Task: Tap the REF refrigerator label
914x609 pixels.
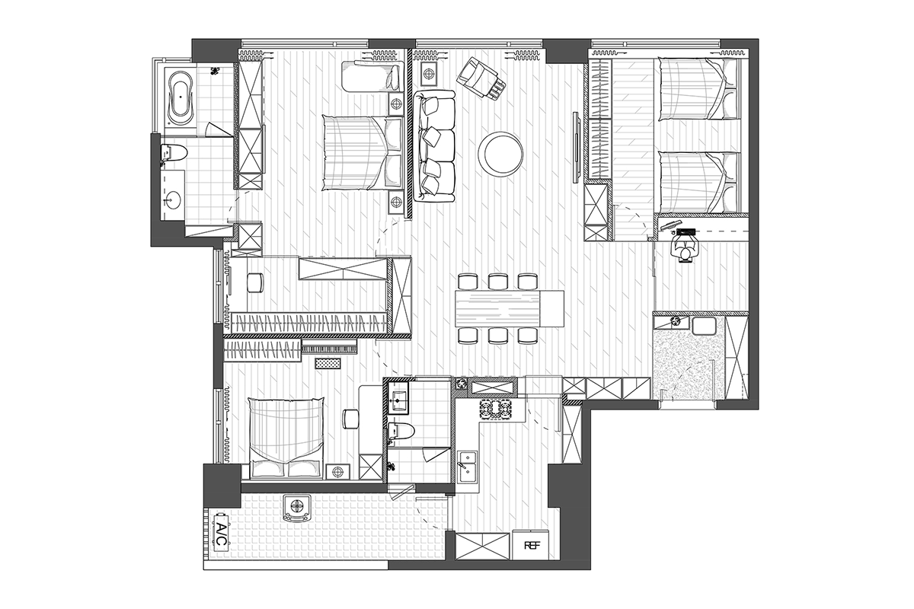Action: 530,545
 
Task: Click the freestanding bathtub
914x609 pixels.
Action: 181,98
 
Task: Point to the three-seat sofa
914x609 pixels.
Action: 434,146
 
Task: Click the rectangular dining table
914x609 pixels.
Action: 510,308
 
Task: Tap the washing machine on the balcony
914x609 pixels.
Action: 297,508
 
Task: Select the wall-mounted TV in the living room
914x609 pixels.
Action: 576,147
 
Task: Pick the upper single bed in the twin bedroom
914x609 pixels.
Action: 698,90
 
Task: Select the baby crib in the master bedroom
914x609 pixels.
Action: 372,76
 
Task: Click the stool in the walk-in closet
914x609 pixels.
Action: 255,282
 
